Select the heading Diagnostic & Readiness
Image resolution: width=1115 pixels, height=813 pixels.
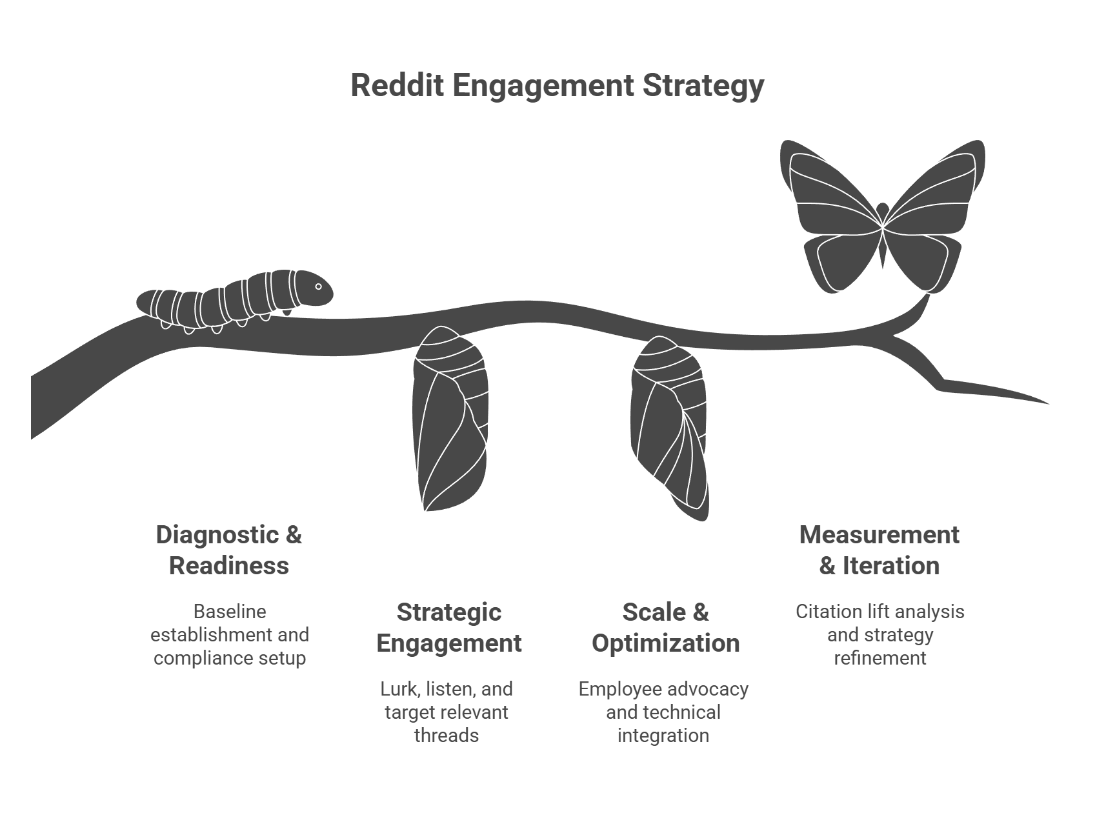tap(229, 550)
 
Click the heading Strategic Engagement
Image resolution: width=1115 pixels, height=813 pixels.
tap(449, 627)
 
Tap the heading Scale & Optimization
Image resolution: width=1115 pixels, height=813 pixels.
tap(665, 627)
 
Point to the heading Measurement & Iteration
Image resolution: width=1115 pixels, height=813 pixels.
tap(879, 550)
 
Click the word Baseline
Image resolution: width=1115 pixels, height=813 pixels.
tap(230, 611)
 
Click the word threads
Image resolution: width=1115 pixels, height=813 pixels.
tap(447, 735)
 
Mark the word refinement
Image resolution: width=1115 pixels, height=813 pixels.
tap(880, 657)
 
